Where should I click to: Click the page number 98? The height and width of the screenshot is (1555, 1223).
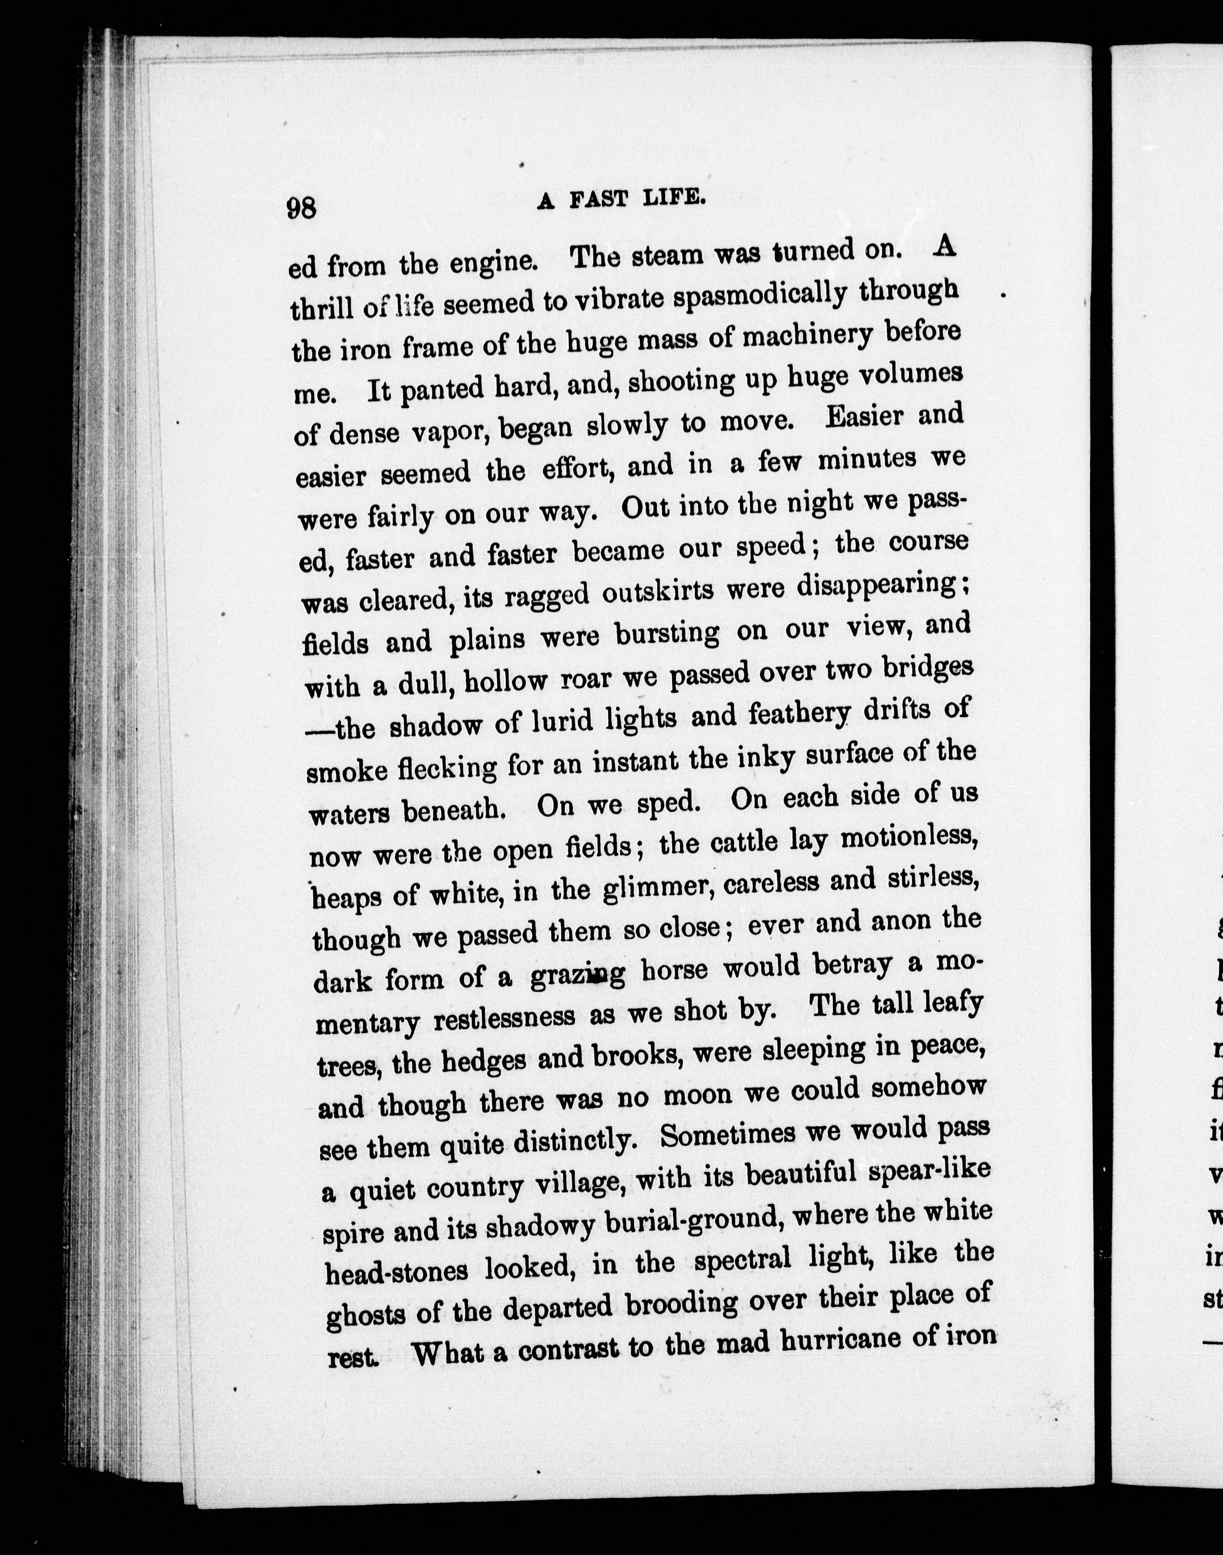tap(301, 208)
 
